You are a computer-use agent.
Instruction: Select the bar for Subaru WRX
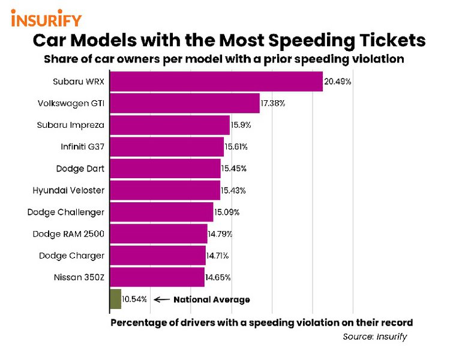216,81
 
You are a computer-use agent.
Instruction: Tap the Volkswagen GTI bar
184,103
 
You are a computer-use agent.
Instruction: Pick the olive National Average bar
115,299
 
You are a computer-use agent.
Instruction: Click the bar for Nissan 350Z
157,277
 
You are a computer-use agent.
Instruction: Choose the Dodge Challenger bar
161,212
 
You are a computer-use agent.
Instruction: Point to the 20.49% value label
337,81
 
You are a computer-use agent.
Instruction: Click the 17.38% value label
273,103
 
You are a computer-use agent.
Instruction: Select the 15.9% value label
241,125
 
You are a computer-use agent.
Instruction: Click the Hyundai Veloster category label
68,190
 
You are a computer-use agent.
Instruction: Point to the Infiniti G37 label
82,146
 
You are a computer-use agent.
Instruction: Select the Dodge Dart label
80,169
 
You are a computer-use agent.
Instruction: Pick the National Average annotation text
211,299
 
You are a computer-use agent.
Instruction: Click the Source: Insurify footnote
374,337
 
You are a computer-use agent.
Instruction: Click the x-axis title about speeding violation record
262,323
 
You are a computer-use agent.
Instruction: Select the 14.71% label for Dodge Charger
217,256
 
